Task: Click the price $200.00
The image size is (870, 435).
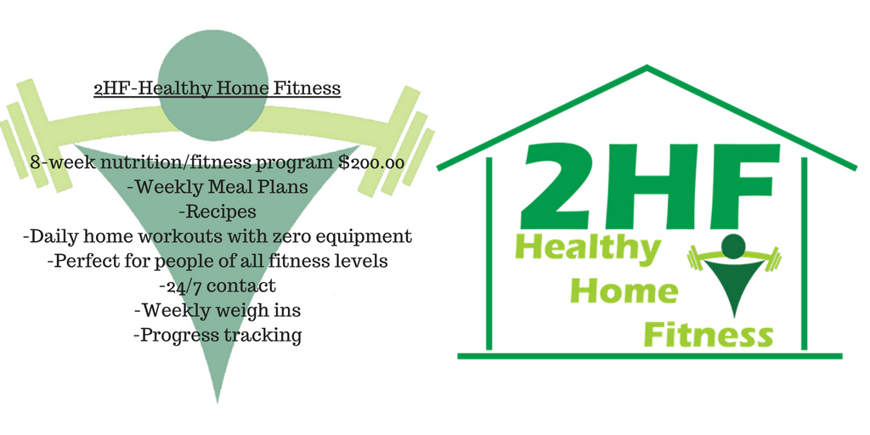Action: point(370,163)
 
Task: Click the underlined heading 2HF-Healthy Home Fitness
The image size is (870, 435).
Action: point(217,88)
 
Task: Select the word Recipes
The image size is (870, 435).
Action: point(217,212)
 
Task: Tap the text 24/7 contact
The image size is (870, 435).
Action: point(217,285)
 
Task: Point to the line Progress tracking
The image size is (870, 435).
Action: point(218,335)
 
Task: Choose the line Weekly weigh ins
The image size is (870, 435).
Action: point(217,309)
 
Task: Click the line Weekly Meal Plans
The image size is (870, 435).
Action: point(217,186)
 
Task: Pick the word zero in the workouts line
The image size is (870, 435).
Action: point(297,236)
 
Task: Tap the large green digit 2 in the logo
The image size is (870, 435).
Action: point(561,185)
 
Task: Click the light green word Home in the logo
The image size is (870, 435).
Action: point(624,291)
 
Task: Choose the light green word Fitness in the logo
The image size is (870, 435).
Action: point(709,335)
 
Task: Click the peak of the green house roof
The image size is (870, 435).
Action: point(647,67)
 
